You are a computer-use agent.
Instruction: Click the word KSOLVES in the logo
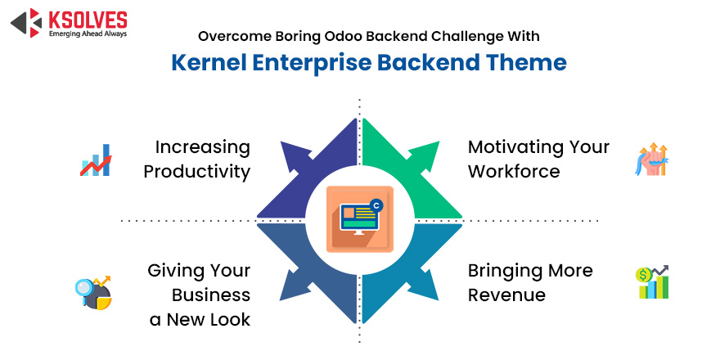click(x=85, y=18)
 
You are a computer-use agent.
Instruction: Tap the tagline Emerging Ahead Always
click(x=86, y=34)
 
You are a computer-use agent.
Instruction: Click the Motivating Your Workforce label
click(x=538, y=159)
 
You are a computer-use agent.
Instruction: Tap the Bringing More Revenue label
click(x=529, y=282)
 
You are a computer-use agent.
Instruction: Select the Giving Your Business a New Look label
click(x=199, y=295)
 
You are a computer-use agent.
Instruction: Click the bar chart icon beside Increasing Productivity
click(x=97, y=160)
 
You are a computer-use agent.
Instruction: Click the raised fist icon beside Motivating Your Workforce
click(x=651, y=160)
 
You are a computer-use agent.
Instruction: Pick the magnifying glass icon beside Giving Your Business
click(x=92, y=293)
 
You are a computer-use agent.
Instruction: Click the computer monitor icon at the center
click(x=359, y=219)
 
